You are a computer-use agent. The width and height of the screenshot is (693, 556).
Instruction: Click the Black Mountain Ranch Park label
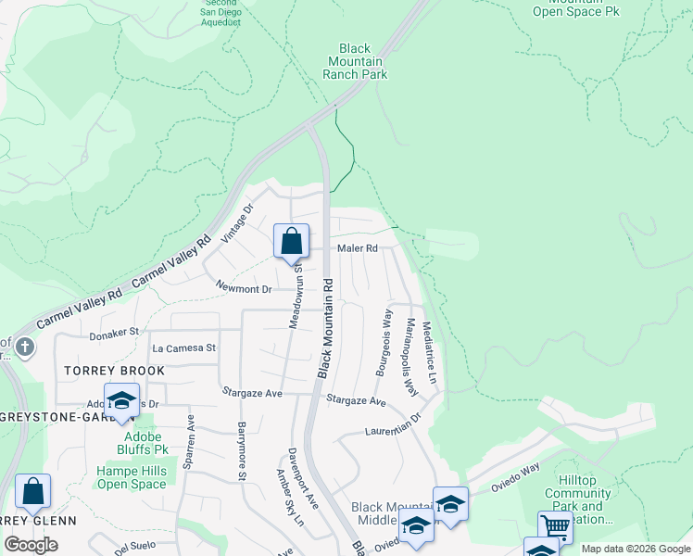[356, 61]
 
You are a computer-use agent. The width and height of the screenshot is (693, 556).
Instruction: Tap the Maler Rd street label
[358, 248]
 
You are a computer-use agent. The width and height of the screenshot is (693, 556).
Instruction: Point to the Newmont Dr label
[244, 289]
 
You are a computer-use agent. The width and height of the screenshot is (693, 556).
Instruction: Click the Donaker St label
[114, 331]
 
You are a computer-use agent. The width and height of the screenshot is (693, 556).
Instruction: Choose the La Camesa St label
[183, 348]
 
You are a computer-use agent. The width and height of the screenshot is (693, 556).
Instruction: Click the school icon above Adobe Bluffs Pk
[120, 400]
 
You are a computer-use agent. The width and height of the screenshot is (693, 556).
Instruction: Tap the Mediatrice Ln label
[428, 352]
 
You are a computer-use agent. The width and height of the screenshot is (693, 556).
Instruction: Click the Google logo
[31, 545]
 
